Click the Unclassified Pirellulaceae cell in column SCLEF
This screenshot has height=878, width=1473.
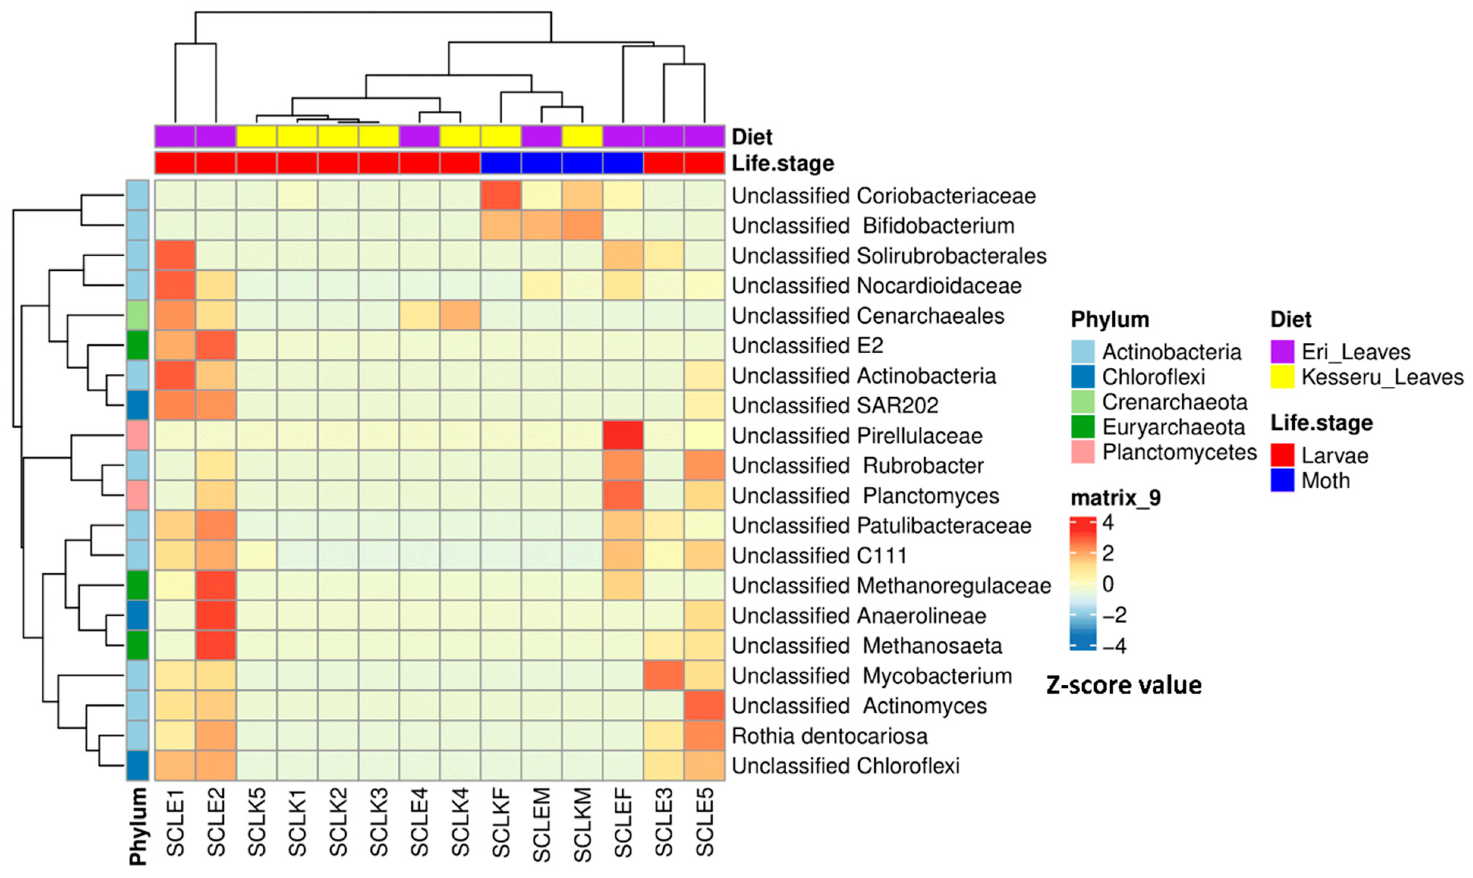coord(623,436)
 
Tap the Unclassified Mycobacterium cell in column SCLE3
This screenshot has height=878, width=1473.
coord(664,676)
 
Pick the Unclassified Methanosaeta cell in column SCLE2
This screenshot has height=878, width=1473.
coord(216,646)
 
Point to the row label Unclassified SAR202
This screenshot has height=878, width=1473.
coord(835,405)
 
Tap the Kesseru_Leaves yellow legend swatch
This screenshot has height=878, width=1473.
coord(1283,377)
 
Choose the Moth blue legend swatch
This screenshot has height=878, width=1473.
coord(1283,480)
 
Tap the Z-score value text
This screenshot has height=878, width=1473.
coord(1124,685)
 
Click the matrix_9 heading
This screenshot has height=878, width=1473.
coord(1116,498)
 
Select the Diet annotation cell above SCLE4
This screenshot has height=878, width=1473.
coord(419,136)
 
